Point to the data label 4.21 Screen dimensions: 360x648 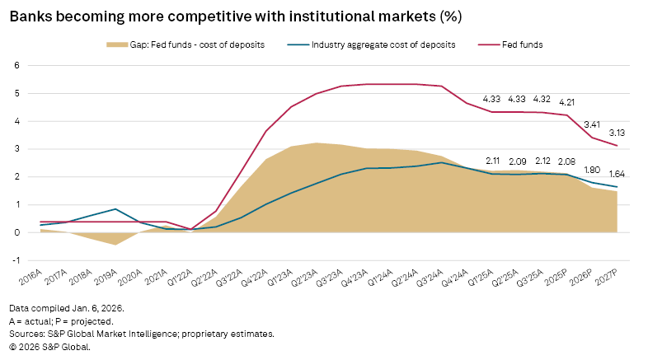tap(567, 103)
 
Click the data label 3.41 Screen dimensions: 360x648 tap(592, 125)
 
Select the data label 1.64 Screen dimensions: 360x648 tap(617, 175)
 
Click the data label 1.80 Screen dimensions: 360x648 tap(592, 170)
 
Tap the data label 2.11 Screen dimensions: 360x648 tap(493, 161)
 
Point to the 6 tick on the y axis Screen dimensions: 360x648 tap(17, 65)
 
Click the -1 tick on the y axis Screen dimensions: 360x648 tap(16, 260)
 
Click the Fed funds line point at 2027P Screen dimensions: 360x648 tap(617, 146)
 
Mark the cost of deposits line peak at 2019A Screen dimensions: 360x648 tap(115, 209)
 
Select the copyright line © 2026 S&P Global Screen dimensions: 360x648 tap(50, 347)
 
